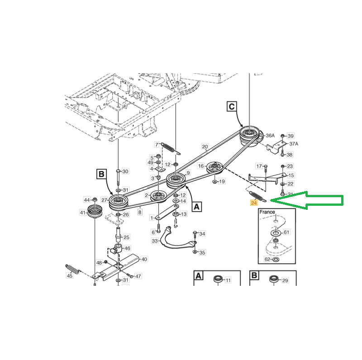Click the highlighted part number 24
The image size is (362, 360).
coord(254,203)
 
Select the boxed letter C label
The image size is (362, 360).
coord(231,107)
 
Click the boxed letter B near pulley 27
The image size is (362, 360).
coord(101,174)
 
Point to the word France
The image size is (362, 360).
coord(267,212)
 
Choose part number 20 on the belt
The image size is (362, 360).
coord(205,147)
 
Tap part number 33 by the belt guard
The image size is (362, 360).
coord(155,241)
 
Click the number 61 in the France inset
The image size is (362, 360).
coord(286,232)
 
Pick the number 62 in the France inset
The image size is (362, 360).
coord(267,260)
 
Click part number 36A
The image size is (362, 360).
coord(270,135)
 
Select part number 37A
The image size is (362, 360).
coord(294,143)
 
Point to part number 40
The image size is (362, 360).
coord(144,259)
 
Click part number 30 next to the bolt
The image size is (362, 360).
coord(125,171)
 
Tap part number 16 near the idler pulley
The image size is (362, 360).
coord(201,166)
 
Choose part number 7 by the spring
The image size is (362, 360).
coord(157,145)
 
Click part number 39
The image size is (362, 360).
coord(291,136)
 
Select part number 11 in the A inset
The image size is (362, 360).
coord(228,280)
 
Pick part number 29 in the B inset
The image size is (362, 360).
coord(285,280)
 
